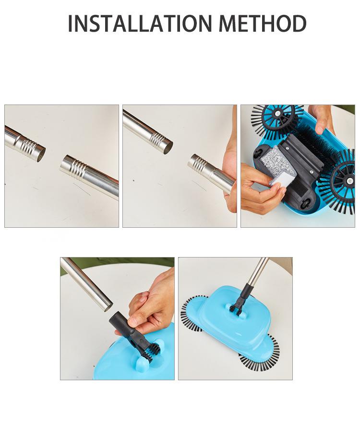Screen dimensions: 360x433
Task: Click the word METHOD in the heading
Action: pos(263,23)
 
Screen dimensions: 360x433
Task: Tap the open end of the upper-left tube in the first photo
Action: pos(41,153)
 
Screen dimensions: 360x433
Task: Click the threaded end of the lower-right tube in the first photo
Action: pos(74,166)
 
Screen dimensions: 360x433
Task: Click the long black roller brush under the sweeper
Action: pos(310,141)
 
